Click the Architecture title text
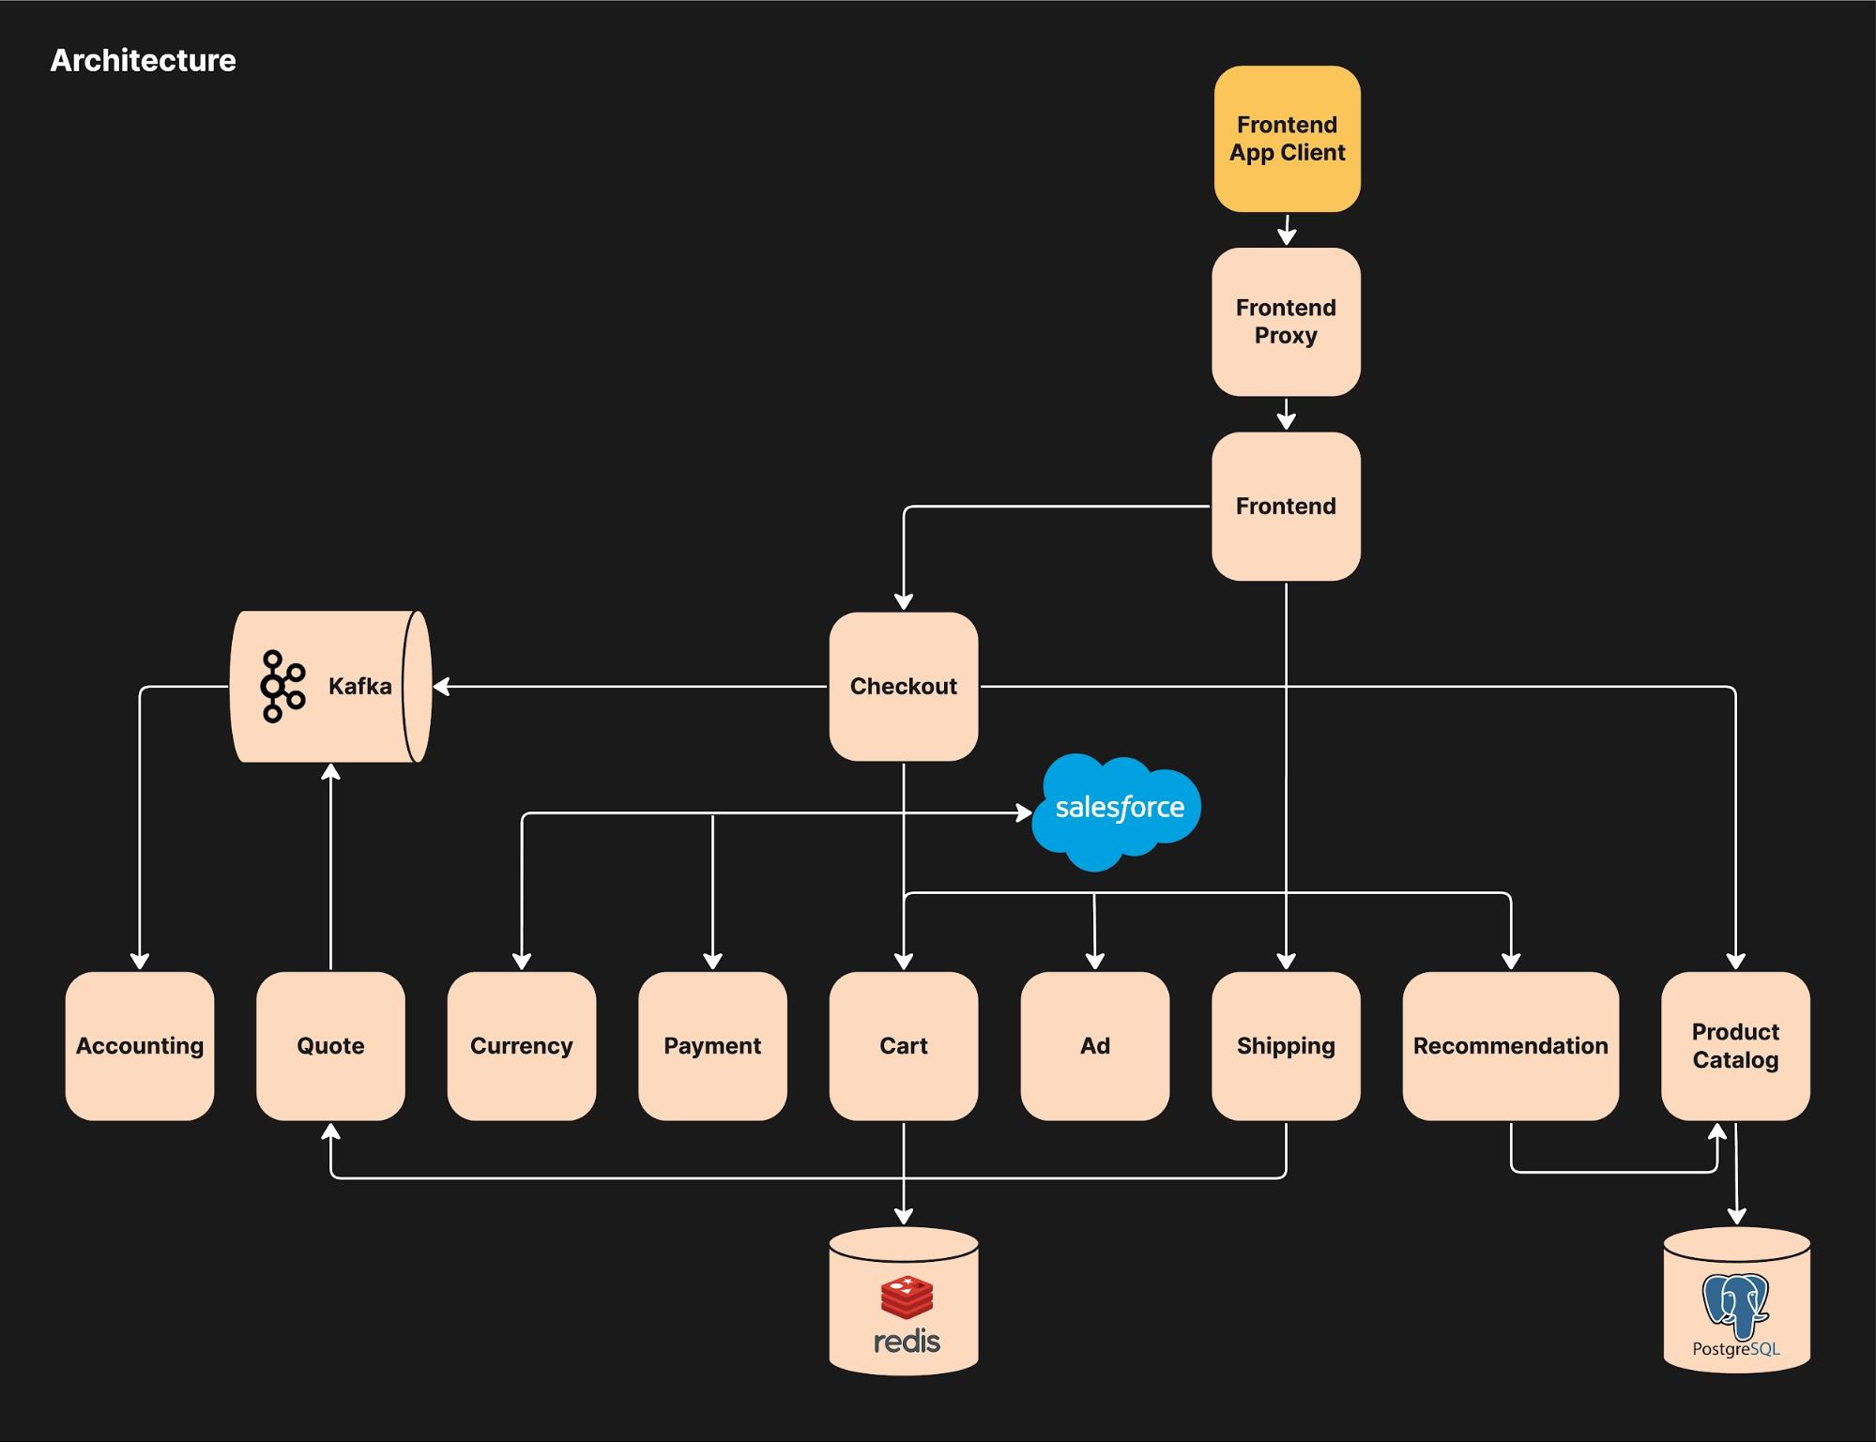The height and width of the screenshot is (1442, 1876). click(143, 61)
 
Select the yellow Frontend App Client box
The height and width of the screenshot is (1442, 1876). click(1287, 139)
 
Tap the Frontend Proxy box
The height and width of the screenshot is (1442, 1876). click(1286, 322)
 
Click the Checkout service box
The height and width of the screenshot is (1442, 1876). click(903, 687)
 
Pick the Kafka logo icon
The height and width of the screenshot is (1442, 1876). click(282, 687)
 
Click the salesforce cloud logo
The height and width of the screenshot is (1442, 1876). click(1117, 809)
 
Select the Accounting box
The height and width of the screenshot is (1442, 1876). click(140, 1046)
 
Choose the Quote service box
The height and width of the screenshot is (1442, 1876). click(330, 1046)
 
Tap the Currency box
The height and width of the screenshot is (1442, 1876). click(521, 1046)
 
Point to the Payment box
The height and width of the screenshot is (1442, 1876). click(712, 1046)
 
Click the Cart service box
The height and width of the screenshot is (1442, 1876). click(903, 1046)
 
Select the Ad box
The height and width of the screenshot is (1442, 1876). click(1094, 1046)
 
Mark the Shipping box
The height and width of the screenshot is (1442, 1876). click(1286, 1046)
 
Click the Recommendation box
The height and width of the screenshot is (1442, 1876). click(1510, 1046)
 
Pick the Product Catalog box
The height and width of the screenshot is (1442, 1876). click(1735, 1046)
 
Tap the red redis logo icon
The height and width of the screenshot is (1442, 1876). click(907, 1298)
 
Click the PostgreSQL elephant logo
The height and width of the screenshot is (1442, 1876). click(1735, 1305)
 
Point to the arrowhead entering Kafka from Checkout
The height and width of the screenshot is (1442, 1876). click(441, 687)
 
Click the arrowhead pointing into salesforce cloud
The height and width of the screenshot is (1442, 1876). click(1024, 812)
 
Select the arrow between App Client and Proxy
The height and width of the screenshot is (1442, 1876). click(1287, 230)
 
